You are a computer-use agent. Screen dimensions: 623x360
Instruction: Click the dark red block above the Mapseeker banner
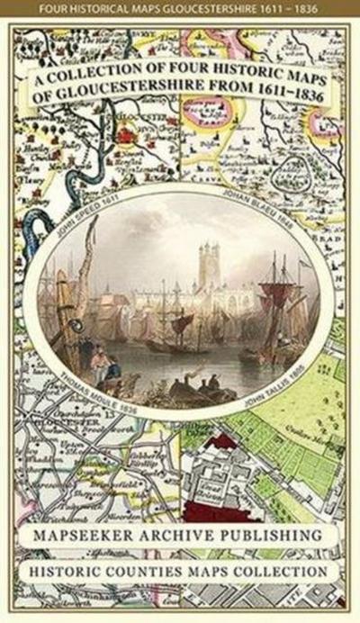click(x=220, y=509)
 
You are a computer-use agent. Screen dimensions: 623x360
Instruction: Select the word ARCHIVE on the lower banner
click(x=187, y=536)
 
